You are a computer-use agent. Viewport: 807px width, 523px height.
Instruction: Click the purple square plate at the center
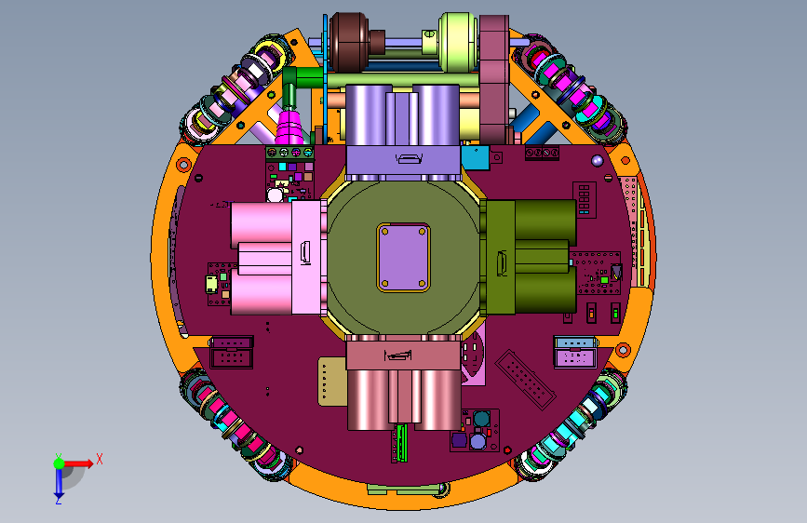click(404, 258)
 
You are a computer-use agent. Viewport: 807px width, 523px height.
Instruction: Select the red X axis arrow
click(78, 463)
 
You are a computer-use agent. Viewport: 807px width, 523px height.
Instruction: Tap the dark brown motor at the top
click(350, 42)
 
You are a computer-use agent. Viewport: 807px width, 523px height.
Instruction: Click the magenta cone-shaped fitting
click(289, 127)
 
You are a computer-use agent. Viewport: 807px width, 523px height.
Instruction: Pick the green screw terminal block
click(289, 153)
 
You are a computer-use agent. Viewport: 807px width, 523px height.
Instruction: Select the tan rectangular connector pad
click(332, 382)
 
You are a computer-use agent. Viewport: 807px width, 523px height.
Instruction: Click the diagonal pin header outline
click(526, 380)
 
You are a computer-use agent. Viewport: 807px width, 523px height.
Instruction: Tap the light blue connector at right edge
click(574, 342)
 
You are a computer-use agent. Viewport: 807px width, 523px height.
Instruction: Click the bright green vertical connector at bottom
click(402, 443)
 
